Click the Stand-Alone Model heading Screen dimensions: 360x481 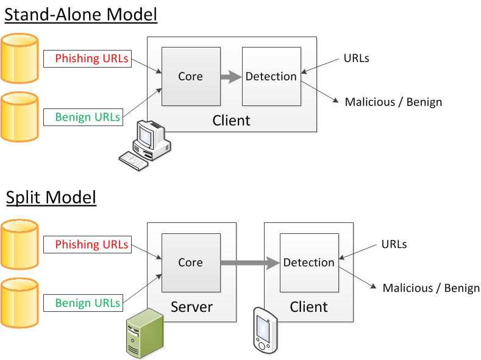coord(81,14)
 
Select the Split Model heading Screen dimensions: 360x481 coord(51,198)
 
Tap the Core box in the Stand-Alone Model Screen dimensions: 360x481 coord(190,76)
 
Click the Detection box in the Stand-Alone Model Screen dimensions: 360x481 coord(271,76)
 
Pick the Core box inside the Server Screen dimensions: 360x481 coord(190,263)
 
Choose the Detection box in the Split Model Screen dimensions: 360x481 coord(309,263)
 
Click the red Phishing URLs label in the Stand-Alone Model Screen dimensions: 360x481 coord(91,58)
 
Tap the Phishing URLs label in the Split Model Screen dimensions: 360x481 coord(91,245)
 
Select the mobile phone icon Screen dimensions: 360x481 coord(265,330)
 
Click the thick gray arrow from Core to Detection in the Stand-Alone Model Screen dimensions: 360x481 coord(230,77)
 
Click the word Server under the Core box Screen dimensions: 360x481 coord(191,306)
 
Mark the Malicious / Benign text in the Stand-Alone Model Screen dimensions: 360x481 coord(393,102)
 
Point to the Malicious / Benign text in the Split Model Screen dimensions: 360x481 coord(431,288)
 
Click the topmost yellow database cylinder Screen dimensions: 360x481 coord(20,58)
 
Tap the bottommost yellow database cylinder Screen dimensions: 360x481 coord(20,303)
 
